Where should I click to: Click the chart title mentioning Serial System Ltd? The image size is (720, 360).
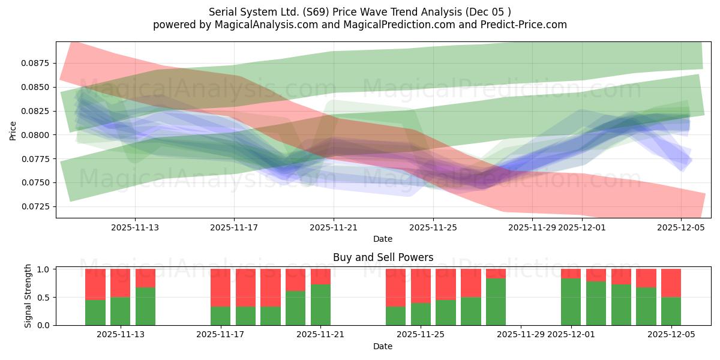point(359,12)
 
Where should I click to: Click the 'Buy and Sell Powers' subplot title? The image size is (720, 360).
point(383,257)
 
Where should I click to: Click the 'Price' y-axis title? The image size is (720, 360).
point(13,130)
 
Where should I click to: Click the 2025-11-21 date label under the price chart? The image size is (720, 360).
point(334,227)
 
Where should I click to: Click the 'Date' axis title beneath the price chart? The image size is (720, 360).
point(383,239)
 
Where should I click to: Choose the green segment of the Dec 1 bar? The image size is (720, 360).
point(571,302)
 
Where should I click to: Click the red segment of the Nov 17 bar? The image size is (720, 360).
point(220,287)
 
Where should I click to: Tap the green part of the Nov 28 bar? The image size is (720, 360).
point(496,302)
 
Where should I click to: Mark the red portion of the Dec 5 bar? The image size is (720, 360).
point(671,283)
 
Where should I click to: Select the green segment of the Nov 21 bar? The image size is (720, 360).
point(320,305)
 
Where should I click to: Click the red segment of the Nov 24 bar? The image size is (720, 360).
point(395,287)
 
